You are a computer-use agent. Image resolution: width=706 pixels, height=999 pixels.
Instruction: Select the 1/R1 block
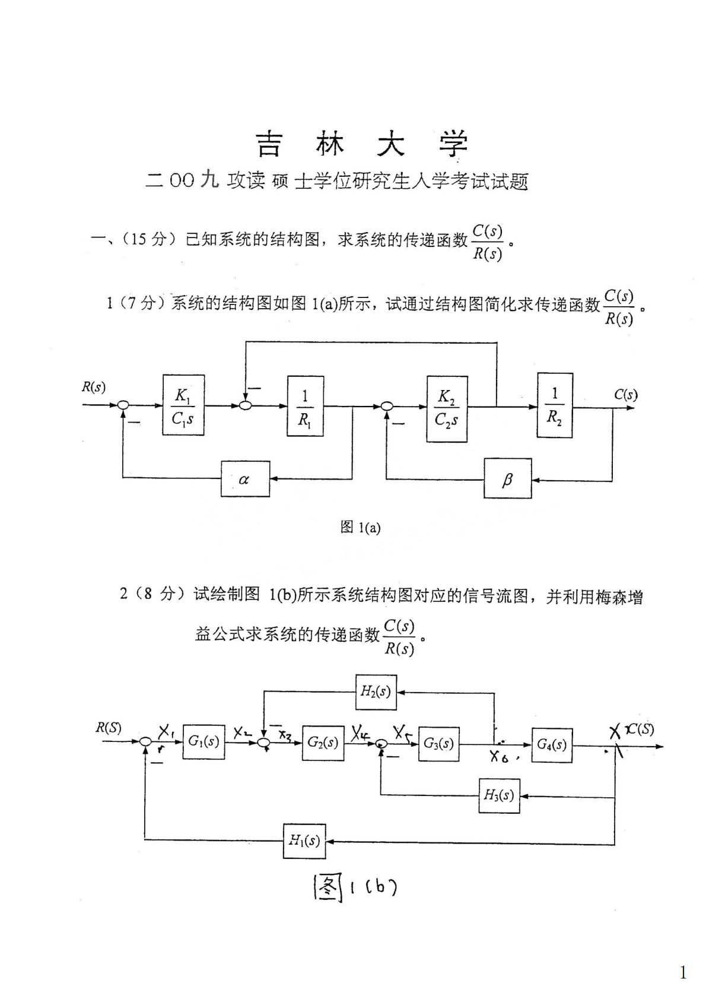(306, 405)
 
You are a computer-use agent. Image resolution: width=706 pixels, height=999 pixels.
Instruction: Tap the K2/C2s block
(446, 408)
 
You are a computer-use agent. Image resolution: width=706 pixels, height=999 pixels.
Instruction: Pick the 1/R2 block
(555, 405)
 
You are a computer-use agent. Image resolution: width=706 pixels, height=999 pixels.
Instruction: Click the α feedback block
(244, 478)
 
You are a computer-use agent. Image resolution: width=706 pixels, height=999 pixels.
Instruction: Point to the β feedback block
(507, 478)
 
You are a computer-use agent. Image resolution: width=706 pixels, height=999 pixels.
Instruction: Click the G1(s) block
(204, 741)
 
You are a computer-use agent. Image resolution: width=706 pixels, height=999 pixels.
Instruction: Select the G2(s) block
(323, 742)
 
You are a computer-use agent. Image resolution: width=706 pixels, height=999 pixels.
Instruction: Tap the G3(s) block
(439, 743)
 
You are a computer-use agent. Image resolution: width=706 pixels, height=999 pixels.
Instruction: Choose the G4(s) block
(552, 744)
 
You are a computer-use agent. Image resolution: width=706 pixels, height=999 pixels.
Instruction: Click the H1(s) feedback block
(304, 841)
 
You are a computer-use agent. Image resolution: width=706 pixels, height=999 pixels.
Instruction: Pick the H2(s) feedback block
(376, 692)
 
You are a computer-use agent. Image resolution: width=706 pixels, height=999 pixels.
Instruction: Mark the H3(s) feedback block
(499, 795)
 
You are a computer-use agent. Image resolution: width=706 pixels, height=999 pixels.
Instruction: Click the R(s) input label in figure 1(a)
(93, 388)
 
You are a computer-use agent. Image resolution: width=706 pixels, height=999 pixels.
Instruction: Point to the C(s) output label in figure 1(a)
(625, 395)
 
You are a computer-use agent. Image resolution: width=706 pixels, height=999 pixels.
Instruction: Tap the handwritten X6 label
(500, 757)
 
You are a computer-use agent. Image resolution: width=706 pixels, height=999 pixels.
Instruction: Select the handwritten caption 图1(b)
(354, 888)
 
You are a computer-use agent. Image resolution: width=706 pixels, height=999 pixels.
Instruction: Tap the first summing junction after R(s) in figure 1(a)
(123, 405)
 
